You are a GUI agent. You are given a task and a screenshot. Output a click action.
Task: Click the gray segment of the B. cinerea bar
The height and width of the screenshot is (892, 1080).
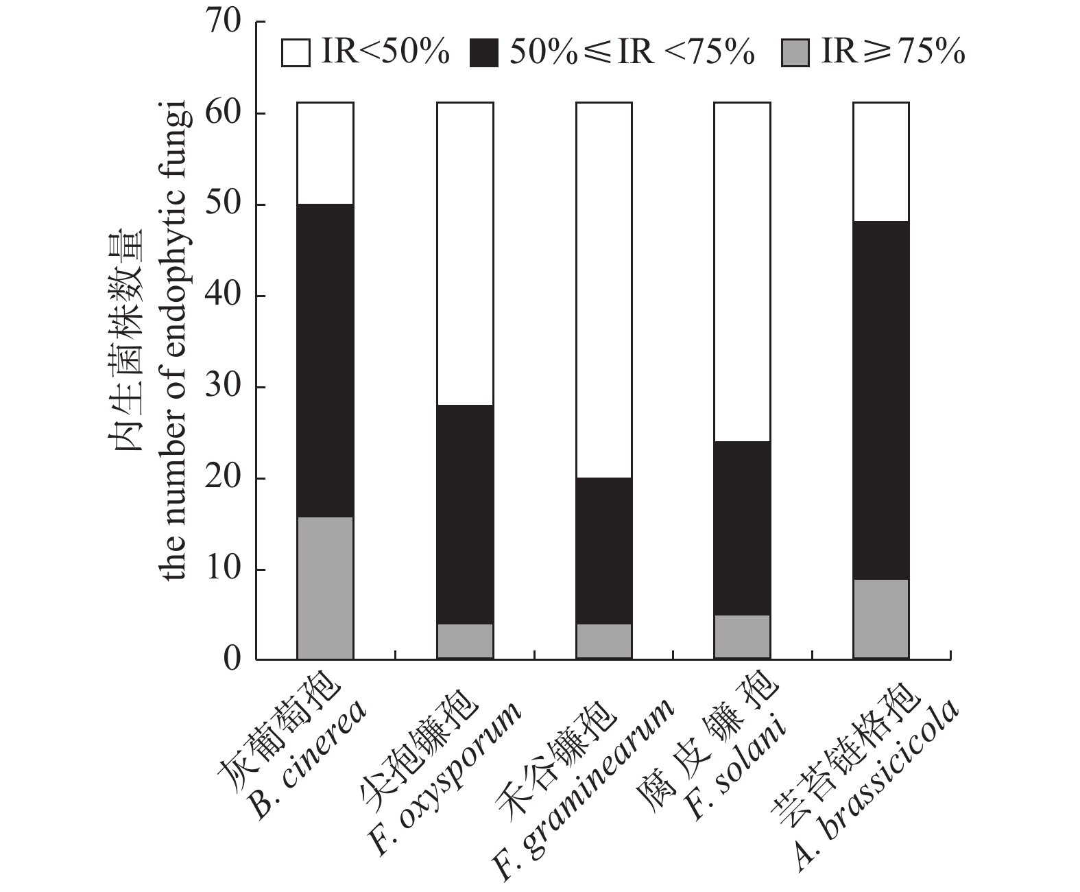[325, 587]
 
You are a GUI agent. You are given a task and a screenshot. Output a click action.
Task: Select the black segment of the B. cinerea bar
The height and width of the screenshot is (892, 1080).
[325, 360]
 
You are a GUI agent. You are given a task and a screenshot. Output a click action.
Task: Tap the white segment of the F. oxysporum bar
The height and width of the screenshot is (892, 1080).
[465, 253]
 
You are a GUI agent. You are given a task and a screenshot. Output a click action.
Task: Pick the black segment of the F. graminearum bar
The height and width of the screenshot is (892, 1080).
[603, 550]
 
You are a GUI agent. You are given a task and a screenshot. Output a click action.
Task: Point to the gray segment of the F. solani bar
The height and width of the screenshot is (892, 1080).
[742, 637]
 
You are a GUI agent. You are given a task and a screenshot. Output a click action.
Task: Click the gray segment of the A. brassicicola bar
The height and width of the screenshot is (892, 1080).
[880, 619]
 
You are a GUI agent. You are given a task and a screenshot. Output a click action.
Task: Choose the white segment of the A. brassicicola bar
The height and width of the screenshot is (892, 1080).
[880, 161]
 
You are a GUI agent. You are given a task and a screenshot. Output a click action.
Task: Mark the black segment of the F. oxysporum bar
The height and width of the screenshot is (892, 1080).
[465, 514]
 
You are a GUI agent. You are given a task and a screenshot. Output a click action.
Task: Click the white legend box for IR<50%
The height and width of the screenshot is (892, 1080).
[296, 54]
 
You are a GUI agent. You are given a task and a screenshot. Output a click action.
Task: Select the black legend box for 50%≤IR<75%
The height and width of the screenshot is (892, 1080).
[484, 54]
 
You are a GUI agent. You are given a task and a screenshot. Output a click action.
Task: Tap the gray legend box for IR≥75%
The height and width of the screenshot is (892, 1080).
[795, 54]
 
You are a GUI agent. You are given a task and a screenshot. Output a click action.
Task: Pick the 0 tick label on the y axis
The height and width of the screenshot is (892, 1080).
[232, 659]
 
